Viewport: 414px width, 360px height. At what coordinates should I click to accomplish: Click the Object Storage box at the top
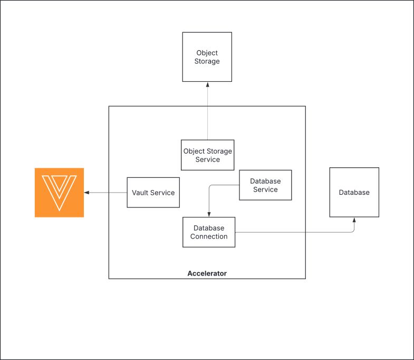(x=207, y=57)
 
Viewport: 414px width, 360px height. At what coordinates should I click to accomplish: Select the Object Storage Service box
(x=207, y=155)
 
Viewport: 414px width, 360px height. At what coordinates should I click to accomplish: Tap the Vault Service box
(x=153, y=193)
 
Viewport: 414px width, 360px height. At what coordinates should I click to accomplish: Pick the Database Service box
(x=265, y=185)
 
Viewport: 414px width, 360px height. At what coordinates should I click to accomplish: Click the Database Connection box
(x=209, y=232)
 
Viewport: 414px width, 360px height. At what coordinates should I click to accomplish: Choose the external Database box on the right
(x=354, y=192)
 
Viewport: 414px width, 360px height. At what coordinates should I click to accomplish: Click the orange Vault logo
(x=59, y=193)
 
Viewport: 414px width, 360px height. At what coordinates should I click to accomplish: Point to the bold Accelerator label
(x=207, y=273)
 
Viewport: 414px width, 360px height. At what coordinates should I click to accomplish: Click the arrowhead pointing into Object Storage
(x=207, y=84)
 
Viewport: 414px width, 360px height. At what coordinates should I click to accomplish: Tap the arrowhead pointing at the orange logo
(x=87, y=193)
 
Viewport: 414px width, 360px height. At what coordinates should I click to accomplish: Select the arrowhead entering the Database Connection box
(x=209, y=214)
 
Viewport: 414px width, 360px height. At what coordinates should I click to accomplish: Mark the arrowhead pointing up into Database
(x=354, y=220)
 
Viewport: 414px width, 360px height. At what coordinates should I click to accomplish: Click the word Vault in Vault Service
(x=140, y=193)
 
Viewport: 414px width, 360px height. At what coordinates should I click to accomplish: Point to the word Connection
(x=209, y=236)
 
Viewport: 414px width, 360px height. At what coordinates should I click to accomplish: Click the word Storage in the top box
(x=207, y=61)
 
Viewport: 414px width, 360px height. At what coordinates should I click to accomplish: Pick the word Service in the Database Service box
(x=265, y=190)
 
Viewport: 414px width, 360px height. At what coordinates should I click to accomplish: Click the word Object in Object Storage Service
(x=194, y=151)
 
